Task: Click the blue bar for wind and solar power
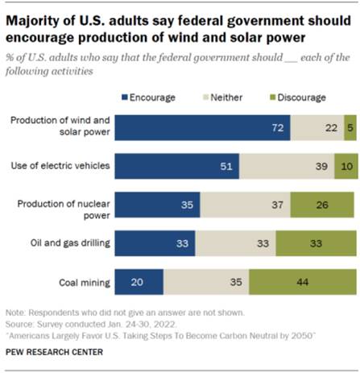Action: (202, 127)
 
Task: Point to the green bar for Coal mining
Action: (302, 283)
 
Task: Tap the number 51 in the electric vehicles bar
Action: (228, 166)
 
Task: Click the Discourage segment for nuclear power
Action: (322, 205)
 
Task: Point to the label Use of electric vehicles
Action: (61, 166)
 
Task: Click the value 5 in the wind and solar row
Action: (348, 127)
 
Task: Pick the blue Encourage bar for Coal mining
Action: (139, 283)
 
